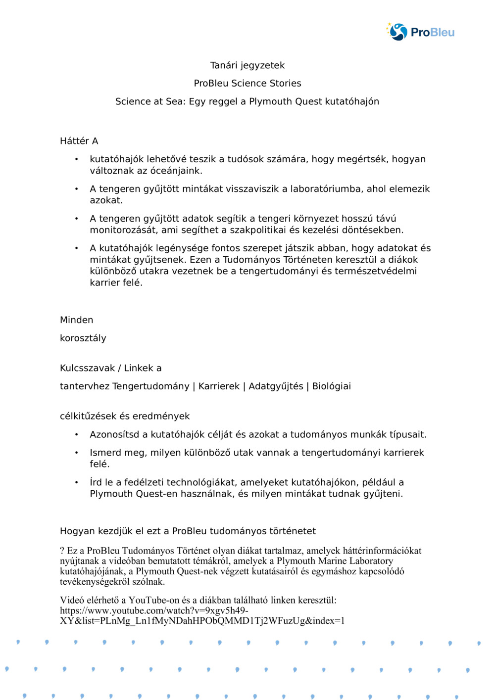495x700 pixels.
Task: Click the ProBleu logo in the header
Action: click(420, 32)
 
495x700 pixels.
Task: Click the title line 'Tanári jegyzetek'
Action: click(247, 65)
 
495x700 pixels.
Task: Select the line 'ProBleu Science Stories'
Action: click(247, 83)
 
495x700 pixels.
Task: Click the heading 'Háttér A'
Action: click(79, 141)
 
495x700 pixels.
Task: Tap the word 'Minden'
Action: click(77, 320)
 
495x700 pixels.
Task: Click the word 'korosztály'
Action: click(83, 338)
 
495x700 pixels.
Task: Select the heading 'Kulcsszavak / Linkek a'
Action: click(111, 368)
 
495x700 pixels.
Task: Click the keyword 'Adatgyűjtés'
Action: click(276, 386)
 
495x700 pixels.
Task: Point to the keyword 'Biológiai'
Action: click(331, 386)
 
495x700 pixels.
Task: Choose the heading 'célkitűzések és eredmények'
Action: click(125, 417)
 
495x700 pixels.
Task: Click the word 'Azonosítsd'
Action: click(114, 435)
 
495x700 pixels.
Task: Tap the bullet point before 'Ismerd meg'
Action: click(76, 453)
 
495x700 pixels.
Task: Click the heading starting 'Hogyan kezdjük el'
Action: click(188, 531)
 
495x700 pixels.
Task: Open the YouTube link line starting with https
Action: click(154, 611)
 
